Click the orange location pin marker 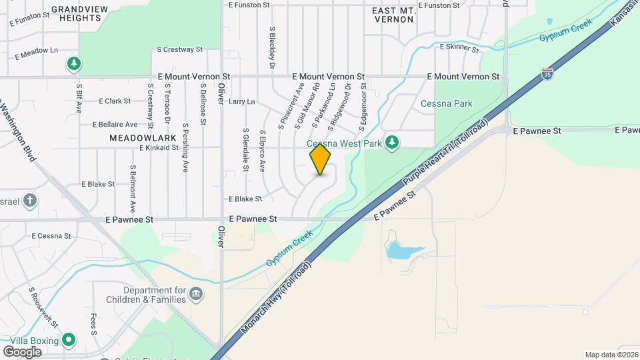pos(320,159)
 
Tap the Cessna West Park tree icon pos(393,142)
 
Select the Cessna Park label pos(446,103)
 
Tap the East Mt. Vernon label pos(393,13)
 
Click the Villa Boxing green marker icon pos(69,340)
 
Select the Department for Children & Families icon pos(196,294)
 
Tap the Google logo pos(22,351)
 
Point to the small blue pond pos(404,251)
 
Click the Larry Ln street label pos(241,102)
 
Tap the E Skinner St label pos(459,49)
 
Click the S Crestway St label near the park pos(179,49)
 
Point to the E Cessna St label pos(51,235)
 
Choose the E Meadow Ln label pos(37,50)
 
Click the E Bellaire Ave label pos(115,124)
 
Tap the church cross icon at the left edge pos(29,200)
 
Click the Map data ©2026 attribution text pos(611,355)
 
